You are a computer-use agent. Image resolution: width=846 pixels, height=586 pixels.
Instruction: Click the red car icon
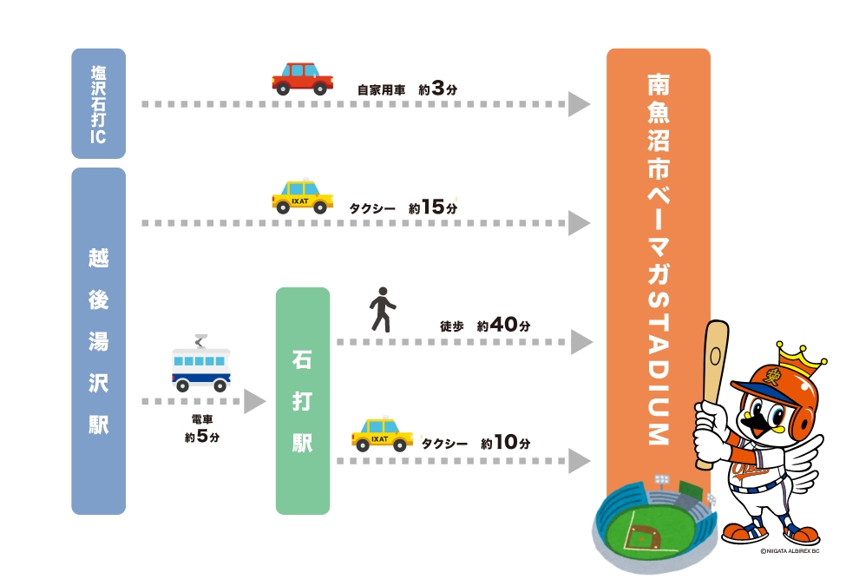302,78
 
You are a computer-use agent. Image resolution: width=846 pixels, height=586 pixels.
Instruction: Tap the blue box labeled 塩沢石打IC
98,102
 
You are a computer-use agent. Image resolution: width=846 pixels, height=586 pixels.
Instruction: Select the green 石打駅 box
303,400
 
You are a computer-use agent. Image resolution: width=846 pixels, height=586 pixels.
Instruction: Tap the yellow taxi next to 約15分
302,197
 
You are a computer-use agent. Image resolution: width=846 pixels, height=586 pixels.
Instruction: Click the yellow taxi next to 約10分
382,433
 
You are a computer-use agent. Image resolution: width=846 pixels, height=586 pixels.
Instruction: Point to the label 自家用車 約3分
406,89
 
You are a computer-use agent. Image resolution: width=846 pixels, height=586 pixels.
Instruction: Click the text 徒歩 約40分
484,326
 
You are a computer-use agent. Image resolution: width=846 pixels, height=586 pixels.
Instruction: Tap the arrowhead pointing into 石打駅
253,401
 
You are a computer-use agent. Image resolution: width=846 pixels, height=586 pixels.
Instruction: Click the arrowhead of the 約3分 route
579,104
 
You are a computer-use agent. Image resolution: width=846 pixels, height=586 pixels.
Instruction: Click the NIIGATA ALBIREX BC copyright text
790,550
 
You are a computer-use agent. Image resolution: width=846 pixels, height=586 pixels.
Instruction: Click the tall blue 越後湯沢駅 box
98,340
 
